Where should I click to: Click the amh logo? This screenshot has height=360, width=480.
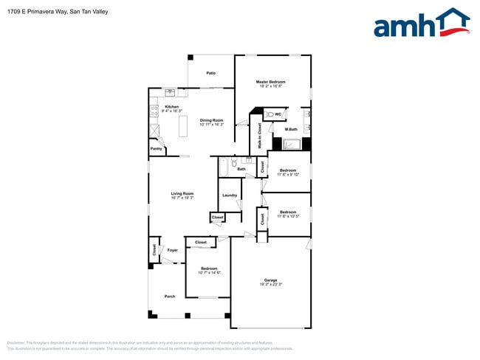coord(421,24)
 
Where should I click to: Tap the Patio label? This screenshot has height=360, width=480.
coord(210,74)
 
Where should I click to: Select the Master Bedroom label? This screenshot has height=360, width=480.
coord(270,82)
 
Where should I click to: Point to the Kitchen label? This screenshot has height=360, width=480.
coord(172,107)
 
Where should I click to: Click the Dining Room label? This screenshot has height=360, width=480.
coord(211,120)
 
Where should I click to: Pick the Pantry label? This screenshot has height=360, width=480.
coord(156,149)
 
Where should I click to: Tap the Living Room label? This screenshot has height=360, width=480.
coord(182,194)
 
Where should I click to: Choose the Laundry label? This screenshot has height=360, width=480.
coord(229,195)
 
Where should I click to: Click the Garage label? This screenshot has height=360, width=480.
coord(271,280)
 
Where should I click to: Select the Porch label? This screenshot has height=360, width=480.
coord(170,297)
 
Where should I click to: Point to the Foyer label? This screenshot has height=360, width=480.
coord(172,250)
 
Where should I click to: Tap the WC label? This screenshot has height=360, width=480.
coord(278,114)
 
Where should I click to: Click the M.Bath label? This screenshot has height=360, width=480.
coord(291,129)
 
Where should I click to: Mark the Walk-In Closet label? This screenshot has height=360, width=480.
coord(260,136)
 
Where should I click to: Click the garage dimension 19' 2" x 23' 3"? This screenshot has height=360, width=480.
coord(271,285)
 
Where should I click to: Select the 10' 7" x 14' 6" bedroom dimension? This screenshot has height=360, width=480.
coord(209,273)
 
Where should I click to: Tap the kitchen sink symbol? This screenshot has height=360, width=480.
coord(171,92)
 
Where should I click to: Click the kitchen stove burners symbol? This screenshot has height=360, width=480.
coord(154,112)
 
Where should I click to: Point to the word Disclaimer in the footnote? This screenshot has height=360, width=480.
coord(16,343)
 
